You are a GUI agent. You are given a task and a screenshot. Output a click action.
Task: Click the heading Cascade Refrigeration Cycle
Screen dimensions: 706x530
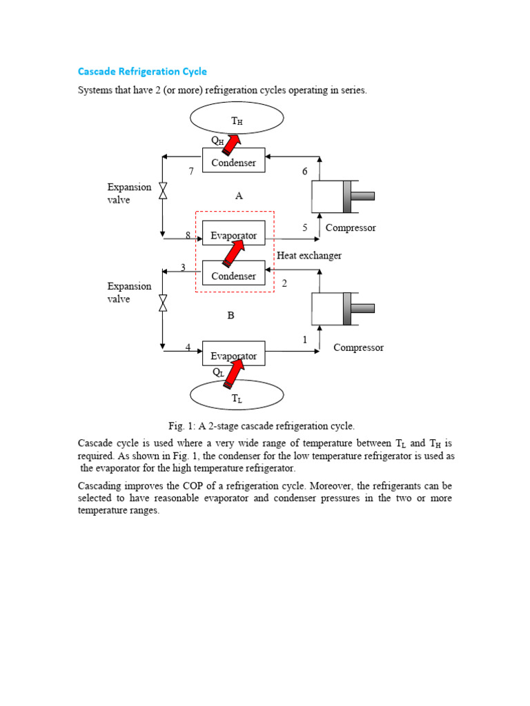141,71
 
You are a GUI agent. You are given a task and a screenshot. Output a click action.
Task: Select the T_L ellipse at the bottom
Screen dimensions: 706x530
237,398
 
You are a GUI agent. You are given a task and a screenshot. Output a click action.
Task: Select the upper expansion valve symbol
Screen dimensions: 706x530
163,191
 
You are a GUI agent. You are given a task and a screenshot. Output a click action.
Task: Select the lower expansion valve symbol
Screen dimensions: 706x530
163,303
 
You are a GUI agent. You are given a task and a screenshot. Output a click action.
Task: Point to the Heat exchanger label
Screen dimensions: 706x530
309,255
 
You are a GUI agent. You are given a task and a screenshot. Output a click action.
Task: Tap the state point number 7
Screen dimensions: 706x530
191,172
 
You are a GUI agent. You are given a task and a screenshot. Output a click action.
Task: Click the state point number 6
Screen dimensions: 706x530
304,172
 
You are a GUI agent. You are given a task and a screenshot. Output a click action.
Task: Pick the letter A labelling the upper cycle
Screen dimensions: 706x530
239,196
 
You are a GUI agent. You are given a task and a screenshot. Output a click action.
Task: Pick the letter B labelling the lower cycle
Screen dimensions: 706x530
231,315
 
